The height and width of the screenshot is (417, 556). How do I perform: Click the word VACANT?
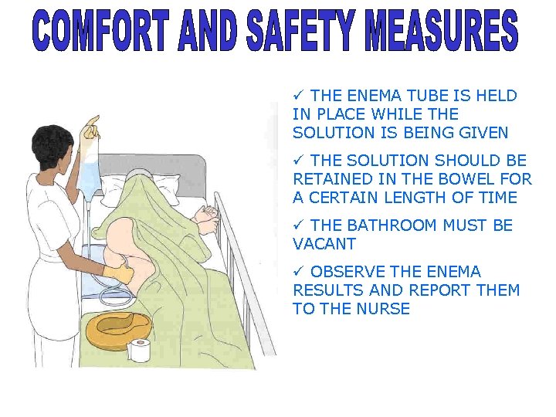click(324, 244)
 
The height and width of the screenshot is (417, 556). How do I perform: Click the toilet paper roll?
click(141, 350)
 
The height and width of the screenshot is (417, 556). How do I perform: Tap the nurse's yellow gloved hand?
click(120, 271)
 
